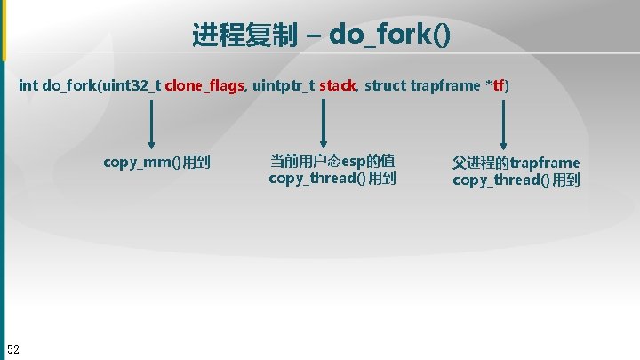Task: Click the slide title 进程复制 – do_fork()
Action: [321, 35]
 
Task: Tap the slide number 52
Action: [13, 348]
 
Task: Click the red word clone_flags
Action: [204, 86]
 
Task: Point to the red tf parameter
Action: [499, 86]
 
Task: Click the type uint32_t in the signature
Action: [132, 86]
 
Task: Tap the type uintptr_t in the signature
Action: [283, 86]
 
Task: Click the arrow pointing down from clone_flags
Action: [152, 124]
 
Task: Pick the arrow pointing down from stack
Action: [324, 124]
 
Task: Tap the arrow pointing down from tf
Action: [505, 124]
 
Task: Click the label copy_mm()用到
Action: [156, 163]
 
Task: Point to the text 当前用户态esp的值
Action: [332, 162]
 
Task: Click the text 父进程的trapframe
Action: [516, 163]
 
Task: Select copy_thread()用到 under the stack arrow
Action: [332, 179]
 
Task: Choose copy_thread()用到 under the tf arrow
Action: [516, 180]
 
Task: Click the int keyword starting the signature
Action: [28, 86]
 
